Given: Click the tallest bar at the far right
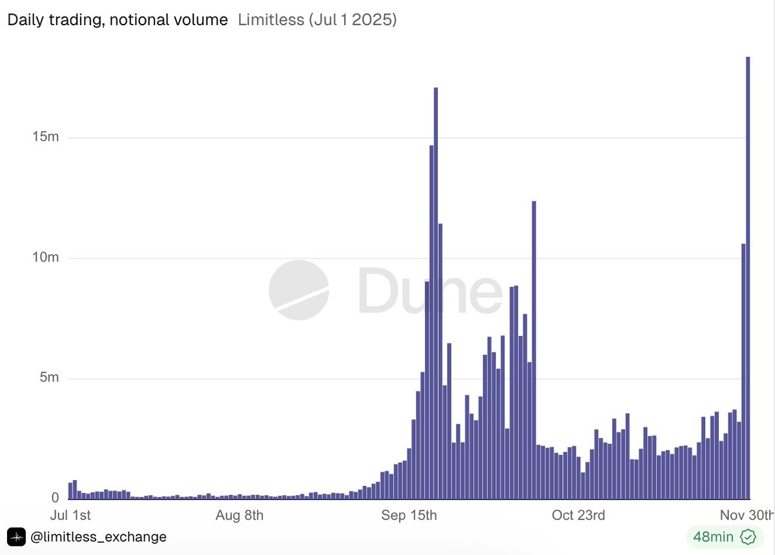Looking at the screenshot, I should [x=748, y=278].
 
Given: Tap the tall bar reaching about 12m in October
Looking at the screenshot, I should [x=534, y=349].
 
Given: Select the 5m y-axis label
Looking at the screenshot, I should [x=48, y=377].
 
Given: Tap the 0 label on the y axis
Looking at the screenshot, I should [x=55, y=497].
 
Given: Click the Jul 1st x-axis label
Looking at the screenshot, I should [x=70, y=515].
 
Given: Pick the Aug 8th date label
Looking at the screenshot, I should [x=240, y=515].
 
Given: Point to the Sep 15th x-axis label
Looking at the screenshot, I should [x=409, y=515].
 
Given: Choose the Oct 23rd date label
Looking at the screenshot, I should [x=579, y=515].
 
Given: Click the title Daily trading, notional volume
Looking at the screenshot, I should [x=118, y=20].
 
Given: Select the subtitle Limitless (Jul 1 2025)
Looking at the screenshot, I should [x=317, y=20].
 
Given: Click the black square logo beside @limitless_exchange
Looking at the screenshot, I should [x=16, y=537].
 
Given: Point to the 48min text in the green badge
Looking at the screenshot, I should [x=713, y=537].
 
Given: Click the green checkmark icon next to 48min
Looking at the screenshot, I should [x=748, y=537].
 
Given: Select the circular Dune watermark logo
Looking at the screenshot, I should [x=298, y=290].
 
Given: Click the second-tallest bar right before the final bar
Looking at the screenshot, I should [x=743, y=372].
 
